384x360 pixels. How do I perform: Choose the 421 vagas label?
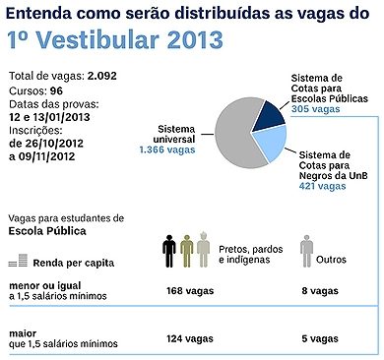click(322, 186)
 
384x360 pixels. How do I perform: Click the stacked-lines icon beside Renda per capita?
click(17, 263)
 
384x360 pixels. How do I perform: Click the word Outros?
click(334, 261)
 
